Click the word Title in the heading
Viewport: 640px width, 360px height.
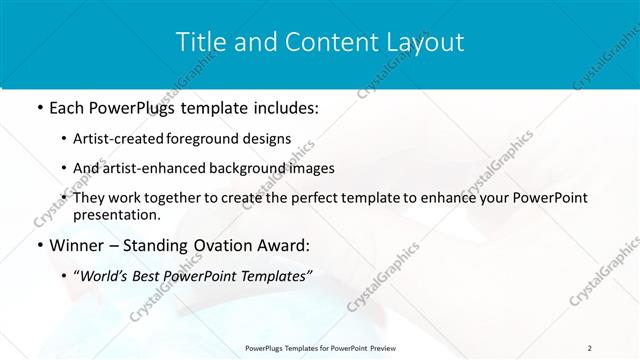pos(201,42)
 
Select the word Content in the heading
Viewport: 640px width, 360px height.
pos(327,42)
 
